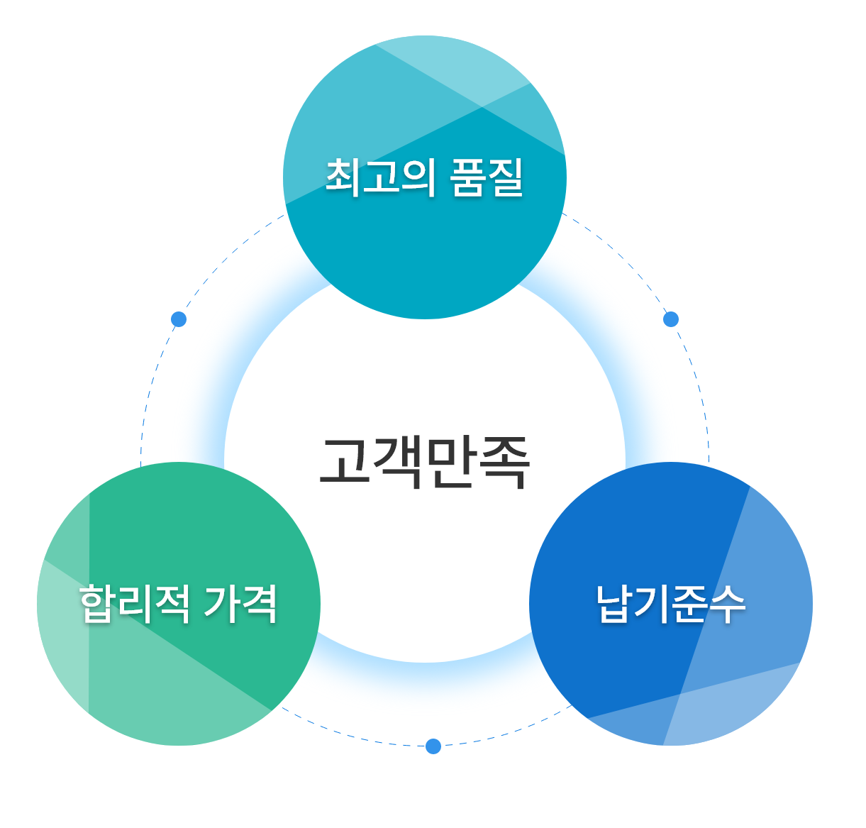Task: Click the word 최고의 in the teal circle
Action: [x=379, y=177]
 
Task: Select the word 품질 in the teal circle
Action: [x=486, y=177]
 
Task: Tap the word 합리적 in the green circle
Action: [x=134, y=603]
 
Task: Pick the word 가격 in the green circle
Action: [x=240, y=603]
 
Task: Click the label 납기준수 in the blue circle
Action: [x=671, y=604]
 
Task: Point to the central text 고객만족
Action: [x=425, y=463]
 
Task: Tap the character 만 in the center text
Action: [x=450, y=463]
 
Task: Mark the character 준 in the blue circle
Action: [x=690, y=604]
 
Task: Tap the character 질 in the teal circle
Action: [x=505, y=177]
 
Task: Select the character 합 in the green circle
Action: [x=98, y=603]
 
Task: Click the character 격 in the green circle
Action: [x=260, y=603]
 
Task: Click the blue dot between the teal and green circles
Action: [x=179, y=319]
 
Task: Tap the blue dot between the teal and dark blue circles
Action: [x=671, y=319]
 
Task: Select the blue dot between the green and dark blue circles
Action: [x=433, y=746]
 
